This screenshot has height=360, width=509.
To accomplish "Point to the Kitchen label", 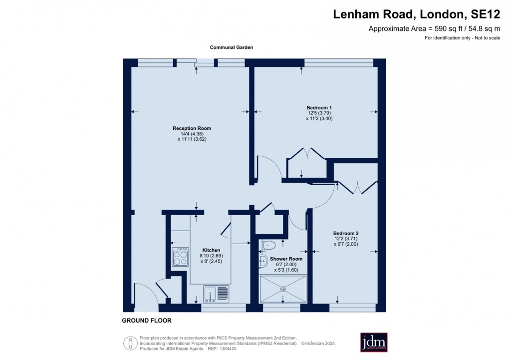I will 211,250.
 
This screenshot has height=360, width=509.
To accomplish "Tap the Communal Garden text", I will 231,47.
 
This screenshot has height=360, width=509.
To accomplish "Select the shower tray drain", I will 283,288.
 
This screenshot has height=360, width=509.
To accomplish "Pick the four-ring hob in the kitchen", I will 180,257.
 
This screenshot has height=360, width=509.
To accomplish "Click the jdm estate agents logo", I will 374,342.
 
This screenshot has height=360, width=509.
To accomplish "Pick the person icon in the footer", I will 130,343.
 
